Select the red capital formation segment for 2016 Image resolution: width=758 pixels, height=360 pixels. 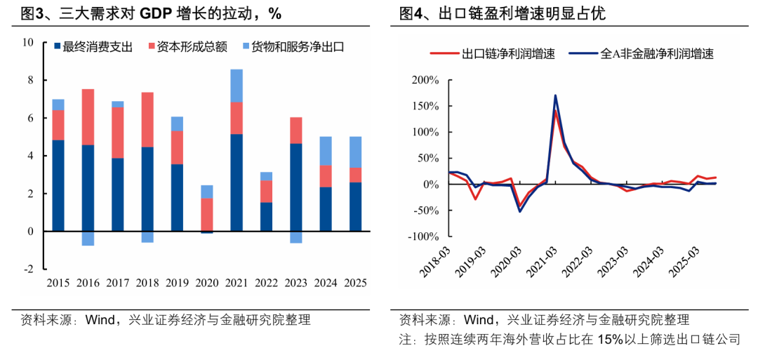[88, 117]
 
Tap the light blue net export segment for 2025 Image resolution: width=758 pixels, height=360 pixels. [356, 152]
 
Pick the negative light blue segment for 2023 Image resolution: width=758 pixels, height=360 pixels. [296, 237]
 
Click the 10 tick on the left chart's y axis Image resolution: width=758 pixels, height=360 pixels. [28, 42]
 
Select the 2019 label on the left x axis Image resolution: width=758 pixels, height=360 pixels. [177, 283]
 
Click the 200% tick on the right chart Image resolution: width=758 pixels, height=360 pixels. [426, 80]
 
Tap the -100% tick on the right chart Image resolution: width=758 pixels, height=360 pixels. [424, 237]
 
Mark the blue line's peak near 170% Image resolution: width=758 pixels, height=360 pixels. [555, 95]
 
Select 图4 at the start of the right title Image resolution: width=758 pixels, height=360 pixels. [411, 13]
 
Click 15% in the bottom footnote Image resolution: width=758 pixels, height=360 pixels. [610, 340]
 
